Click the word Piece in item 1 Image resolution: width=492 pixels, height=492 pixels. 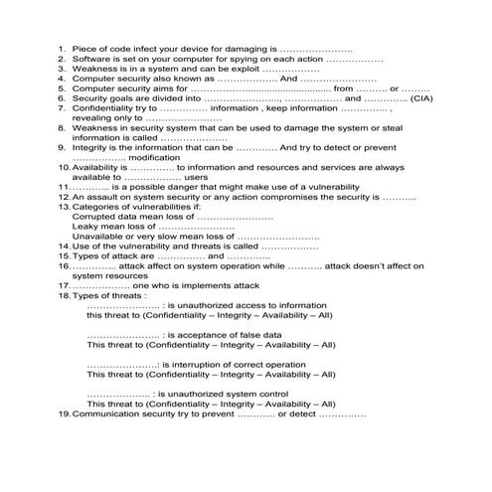(x=85, y=48)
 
